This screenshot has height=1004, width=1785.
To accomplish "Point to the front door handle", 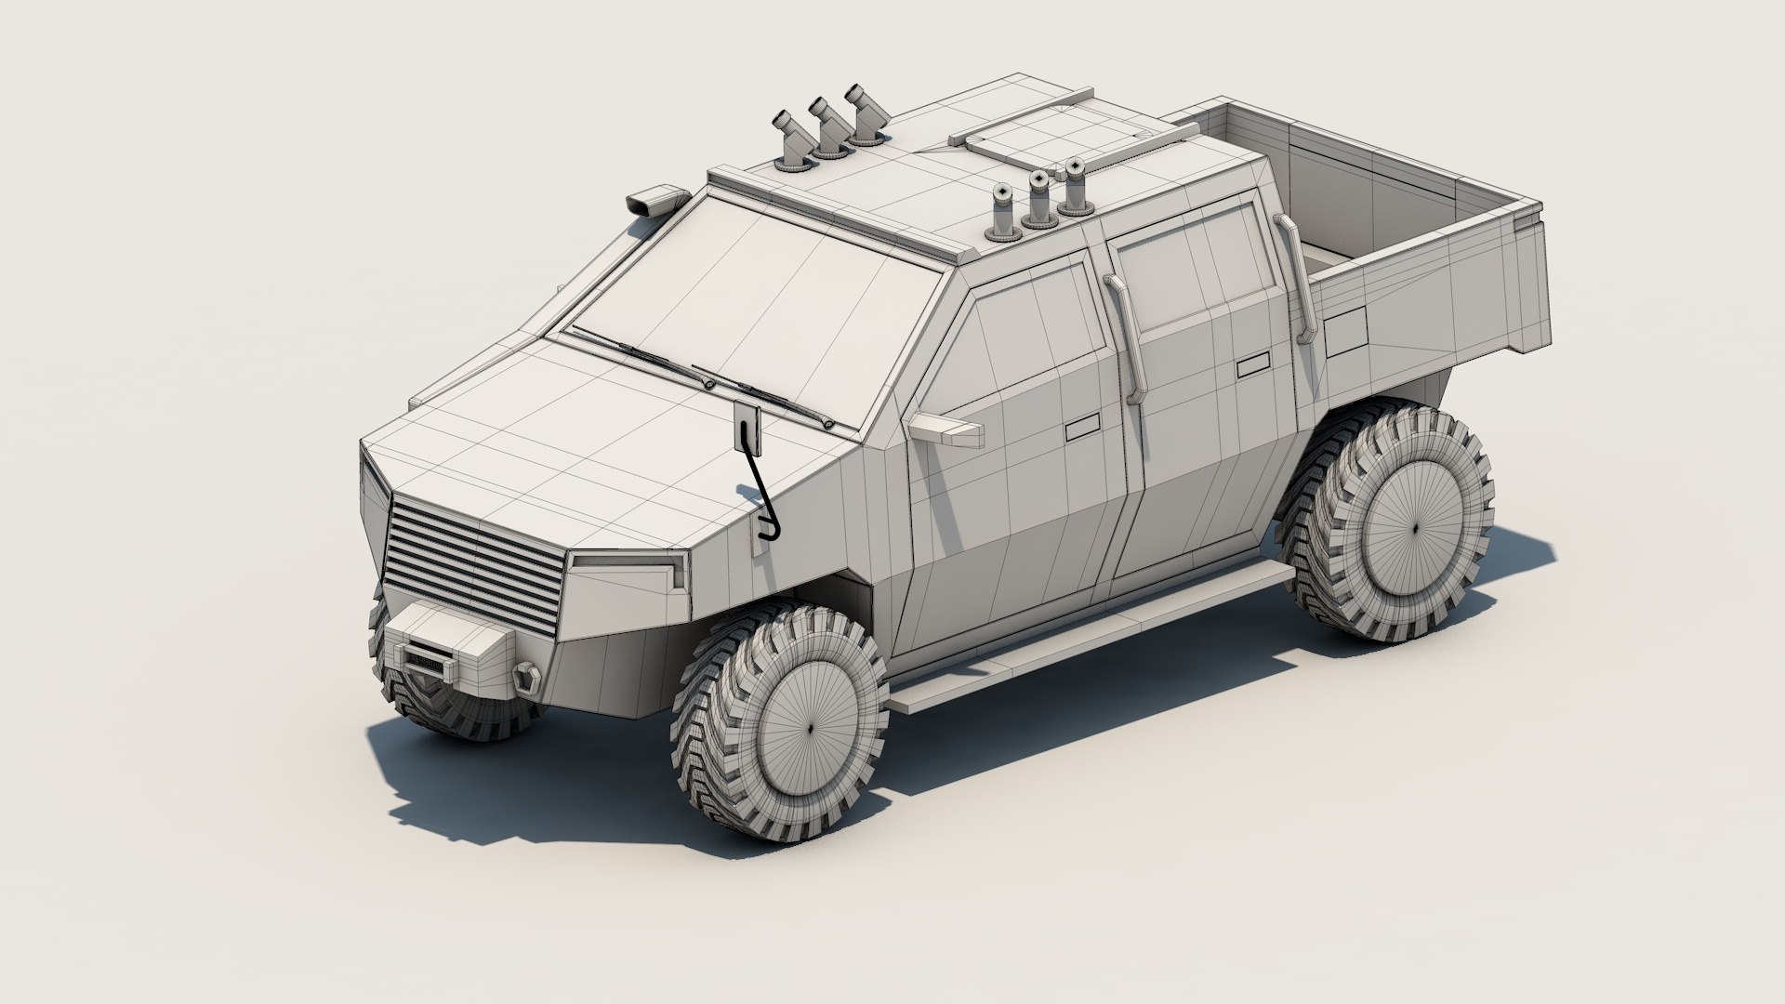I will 1080,429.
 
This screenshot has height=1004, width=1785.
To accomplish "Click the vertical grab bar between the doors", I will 1123,339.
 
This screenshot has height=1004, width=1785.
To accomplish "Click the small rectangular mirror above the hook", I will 748,428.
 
